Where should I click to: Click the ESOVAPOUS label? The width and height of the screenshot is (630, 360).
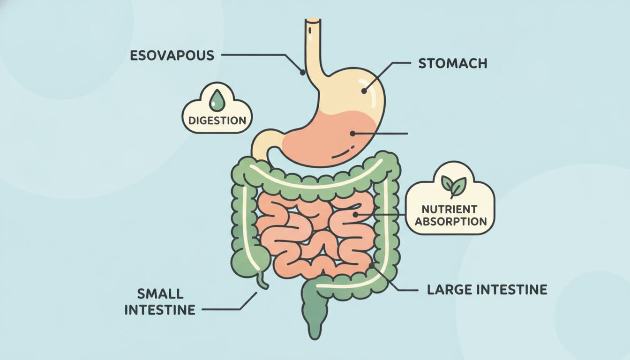(172, 55)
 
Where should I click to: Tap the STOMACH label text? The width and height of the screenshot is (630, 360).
(452, 63)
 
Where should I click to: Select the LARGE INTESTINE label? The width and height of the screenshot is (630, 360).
(487, 290)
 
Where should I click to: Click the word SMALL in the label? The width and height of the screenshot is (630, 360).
(160, 294)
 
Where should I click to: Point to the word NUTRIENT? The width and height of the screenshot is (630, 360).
(450, 209)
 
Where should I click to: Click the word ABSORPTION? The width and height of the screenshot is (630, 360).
(450, 221)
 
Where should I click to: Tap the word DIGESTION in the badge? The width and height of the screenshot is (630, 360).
(217, 120)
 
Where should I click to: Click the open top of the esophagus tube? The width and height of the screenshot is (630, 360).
(313, 20)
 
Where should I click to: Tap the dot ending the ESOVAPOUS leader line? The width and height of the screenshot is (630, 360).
(303, 73)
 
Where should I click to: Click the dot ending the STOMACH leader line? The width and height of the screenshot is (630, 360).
(364, 91)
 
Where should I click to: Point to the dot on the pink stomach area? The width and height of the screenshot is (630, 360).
(352, 134)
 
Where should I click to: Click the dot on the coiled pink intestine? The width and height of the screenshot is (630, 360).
(355, 215)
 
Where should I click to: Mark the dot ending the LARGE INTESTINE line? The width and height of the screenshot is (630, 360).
(372, 265)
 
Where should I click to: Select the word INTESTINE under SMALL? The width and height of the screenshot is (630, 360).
(160, 310)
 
